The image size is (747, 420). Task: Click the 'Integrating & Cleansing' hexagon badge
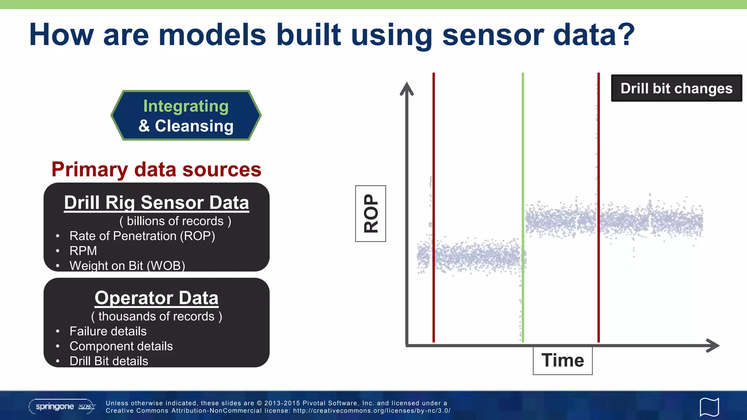[186, 116]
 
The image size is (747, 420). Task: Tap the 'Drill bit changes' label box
[676, 88]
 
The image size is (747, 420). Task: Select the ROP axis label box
[371, 214]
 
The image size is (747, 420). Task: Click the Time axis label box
[562, 361]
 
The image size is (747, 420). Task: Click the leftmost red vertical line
[434, 146]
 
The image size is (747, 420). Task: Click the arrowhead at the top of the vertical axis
[407, 89]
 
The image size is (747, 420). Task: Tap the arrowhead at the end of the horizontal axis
[713, 345]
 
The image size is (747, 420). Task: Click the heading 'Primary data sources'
[156, 170]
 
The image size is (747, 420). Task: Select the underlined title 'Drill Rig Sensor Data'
[156, 202]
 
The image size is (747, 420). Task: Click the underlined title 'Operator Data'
[156, 298]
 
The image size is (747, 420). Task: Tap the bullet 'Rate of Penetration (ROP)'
[142, 236]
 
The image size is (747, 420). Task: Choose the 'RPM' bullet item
[83, 251]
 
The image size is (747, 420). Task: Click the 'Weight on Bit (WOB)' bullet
[127, 266]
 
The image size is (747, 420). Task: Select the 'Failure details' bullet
[108, 331]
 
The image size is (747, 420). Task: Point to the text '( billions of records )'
[175, 221]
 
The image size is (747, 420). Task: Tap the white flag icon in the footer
[709, 407]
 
